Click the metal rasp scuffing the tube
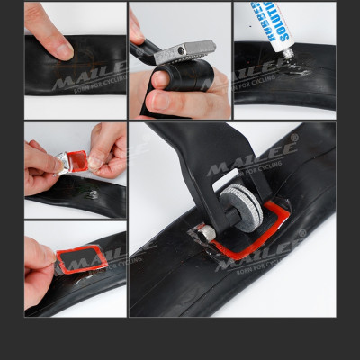(186, 51)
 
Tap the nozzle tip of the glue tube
(290, 55)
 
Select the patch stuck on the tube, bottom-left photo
(83, 260)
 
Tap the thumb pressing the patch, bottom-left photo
(40, 256)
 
